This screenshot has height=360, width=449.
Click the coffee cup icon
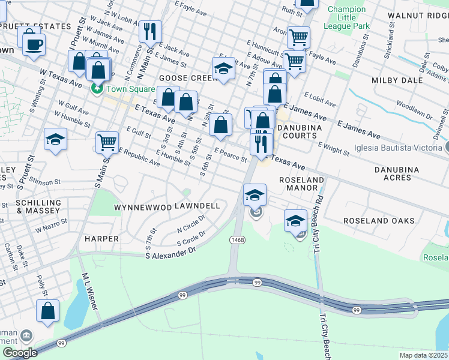click(x=34, y=43)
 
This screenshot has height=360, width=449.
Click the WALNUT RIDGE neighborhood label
click(x=418, y=14)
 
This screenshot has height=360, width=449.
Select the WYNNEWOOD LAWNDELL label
click(x=167, y=206)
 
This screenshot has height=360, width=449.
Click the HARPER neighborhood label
click(x=101, y=239)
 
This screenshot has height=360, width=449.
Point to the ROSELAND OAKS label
click(x=379, y=221)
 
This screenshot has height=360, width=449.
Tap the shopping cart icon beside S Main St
click(x=107, y=142)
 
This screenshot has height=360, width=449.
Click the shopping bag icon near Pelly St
click(x=47, y=311)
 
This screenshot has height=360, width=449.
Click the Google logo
click(x=20, y=353)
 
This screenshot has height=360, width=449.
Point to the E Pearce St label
click(x=231, y=155)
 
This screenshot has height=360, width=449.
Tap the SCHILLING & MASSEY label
click(x=38, y=207)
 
